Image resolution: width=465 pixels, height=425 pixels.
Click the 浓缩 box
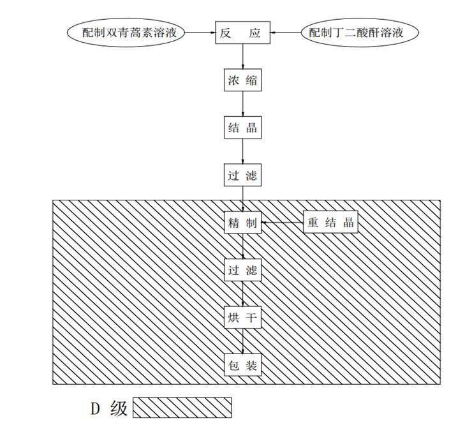click(x=242, y=81)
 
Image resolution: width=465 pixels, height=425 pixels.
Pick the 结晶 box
click(x=242, y=127)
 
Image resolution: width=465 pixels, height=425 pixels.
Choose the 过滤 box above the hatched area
click(x=242, y=174)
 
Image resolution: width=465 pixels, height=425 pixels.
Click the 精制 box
click(x=242, y=223)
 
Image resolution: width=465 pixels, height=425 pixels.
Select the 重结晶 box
click(x=330, y=223)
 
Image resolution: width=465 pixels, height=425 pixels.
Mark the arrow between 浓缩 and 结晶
click(x=242, y=104)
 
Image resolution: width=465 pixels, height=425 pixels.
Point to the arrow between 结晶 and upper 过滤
click(x=242, y=151)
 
